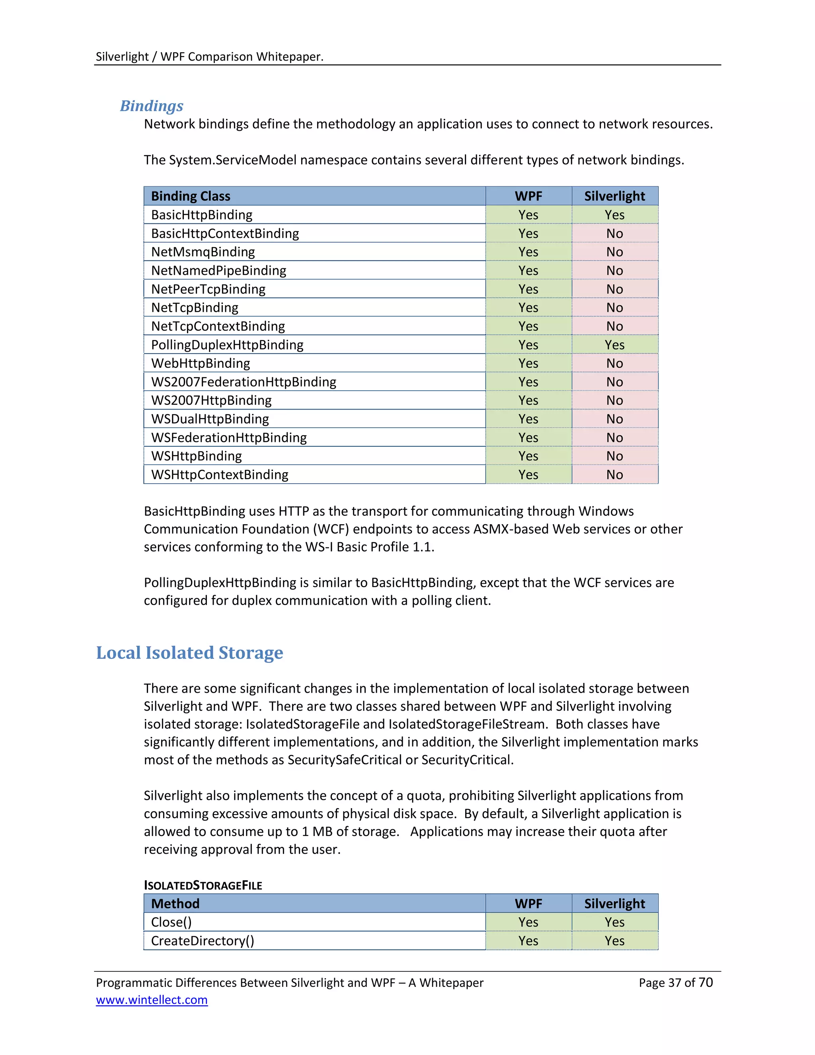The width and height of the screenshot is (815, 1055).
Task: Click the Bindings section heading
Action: coord(152,106)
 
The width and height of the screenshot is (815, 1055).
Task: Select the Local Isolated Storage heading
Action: coord(189,653)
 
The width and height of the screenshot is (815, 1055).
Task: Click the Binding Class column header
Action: coord(190,196)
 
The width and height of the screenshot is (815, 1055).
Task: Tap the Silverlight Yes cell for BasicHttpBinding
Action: coord(614,215)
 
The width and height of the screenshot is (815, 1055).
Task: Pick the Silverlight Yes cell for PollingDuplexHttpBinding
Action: coord(614,345)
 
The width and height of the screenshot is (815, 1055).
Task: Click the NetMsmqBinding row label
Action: coord(203,252)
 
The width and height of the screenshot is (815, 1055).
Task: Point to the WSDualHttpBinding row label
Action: coord(210,419)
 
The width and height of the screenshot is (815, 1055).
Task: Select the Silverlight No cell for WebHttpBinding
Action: coord(614,363)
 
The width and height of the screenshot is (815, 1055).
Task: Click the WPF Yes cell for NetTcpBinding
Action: coord(528,308)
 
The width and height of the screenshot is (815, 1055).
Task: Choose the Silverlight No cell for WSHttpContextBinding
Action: coord(614,475)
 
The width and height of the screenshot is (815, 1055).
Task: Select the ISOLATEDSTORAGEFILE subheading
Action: coord(203,885)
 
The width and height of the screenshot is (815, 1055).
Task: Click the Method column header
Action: coord(175,903)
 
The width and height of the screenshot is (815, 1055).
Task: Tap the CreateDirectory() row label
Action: coord(202,941)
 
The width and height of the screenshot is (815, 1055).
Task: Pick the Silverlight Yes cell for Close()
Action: coord(614,922)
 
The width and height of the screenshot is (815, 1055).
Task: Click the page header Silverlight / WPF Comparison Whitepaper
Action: coord(209,57)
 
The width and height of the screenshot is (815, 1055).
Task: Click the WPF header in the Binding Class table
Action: coord(528,196)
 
